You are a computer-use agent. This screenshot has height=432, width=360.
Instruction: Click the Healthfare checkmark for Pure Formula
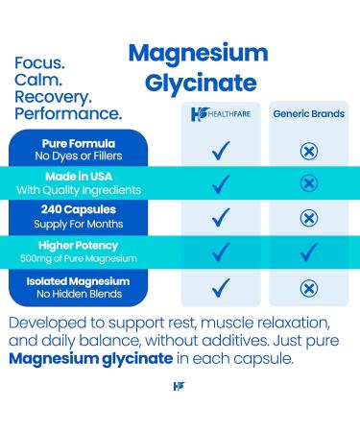221,150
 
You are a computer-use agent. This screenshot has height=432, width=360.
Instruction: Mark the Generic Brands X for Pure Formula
309,150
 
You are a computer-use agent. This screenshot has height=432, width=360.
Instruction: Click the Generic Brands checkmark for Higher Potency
309,252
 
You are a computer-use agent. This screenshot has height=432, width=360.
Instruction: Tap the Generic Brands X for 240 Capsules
309,218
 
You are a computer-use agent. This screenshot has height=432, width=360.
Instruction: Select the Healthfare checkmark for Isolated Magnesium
221,286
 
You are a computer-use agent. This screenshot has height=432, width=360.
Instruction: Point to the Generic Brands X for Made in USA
309,183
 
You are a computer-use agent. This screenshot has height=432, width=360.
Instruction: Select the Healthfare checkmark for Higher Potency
221,252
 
